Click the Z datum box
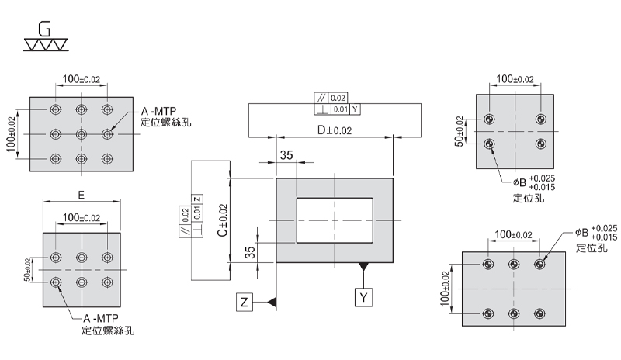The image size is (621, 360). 245,303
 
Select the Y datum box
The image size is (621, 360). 364,297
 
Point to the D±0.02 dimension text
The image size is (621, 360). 334,131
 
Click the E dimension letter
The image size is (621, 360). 82,193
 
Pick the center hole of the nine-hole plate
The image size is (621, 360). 82,134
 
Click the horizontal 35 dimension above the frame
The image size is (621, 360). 286,155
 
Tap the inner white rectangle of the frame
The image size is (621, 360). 335,220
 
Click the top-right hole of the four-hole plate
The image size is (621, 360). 541,119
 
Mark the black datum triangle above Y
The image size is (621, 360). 363,268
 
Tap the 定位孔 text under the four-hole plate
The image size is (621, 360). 529,198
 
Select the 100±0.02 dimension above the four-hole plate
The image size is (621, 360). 515,79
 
